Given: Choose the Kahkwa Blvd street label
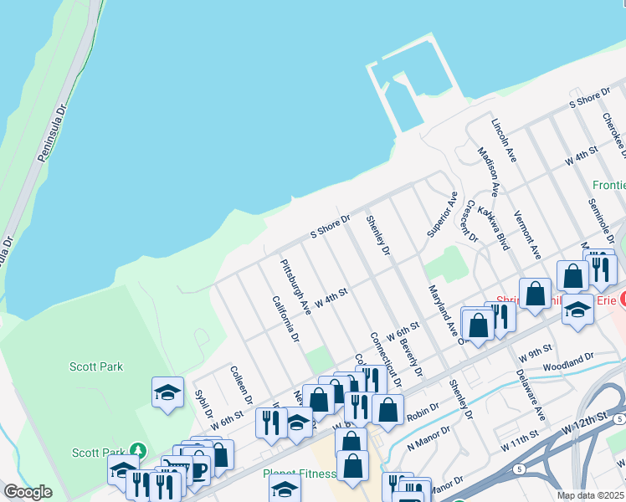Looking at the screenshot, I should (493, 228).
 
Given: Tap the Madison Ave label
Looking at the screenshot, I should (488, 172).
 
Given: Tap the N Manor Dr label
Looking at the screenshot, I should (428, 443).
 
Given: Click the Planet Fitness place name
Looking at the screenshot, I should (299, 474).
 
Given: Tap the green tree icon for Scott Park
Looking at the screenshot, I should (138, 451).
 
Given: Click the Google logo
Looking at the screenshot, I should (28, 492).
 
